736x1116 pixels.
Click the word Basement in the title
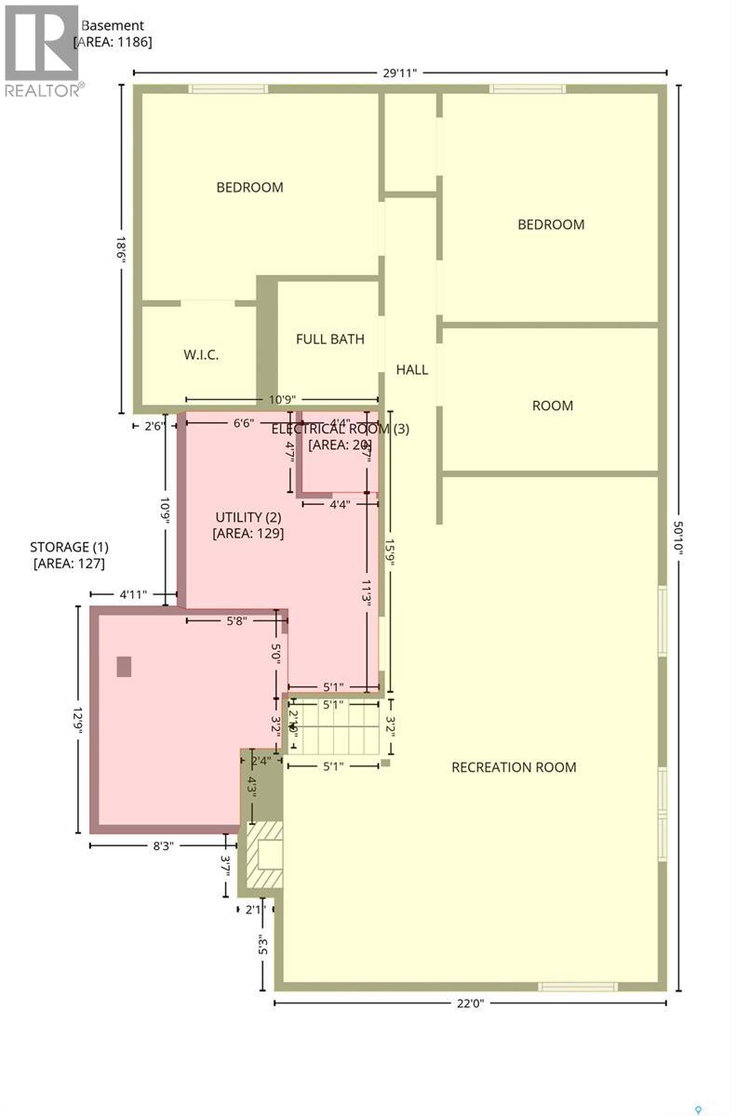(x=113, y=25)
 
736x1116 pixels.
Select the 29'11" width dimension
(x=400, y=71)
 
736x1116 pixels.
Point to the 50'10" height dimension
(x=681, y=537)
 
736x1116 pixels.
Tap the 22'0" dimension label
(x=470, y=1003)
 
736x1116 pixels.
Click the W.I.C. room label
(x=200, y=354)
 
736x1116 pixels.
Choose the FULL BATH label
(x=329, y=339)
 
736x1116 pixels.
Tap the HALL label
(x=411, y=369)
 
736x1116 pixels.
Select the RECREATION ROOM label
(x=514, y=767)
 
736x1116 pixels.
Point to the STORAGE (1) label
(x=68, y=547)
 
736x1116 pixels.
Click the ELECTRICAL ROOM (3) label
(x=339, y=429)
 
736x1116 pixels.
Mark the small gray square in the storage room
(x=124, y=666)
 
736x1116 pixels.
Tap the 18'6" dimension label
(x=121, y=250)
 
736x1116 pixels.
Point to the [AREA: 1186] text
(x=112, y=42)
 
